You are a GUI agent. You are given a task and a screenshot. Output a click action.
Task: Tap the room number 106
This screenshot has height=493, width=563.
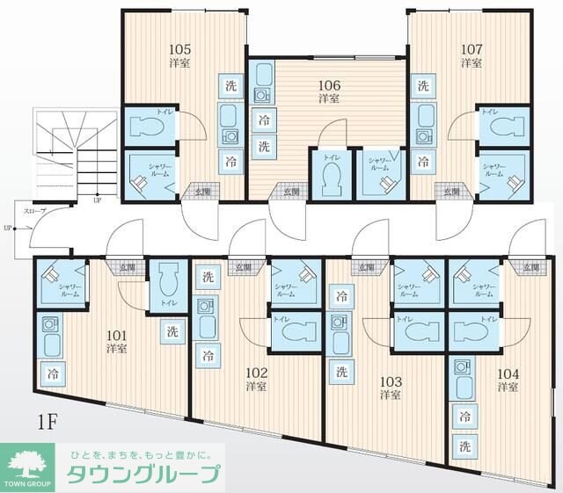330,85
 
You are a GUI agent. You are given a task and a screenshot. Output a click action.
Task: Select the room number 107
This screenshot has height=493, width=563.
472,48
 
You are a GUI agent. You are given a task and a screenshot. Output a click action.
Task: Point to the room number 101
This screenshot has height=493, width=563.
117,334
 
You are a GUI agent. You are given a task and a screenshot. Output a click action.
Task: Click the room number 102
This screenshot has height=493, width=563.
257,371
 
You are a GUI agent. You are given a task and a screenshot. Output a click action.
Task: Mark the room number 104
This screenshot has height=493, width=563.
507,373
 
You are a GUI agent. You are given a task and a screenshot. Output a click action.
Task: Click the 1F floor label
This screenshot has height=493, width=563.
47,419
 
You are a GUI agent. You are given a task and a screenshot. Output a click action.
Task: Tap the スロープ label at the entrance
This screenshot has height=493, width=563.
35,210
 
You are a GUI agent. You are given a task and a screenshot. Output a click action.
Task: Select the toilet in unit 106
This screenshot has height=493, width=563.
331,180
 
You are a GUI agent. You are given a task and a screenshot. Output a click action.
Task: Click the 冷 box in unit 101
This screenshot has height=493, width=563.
54,373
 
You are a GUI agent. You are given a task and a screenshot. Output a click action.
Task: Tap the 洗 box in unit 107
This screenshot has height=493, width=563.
423,85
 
